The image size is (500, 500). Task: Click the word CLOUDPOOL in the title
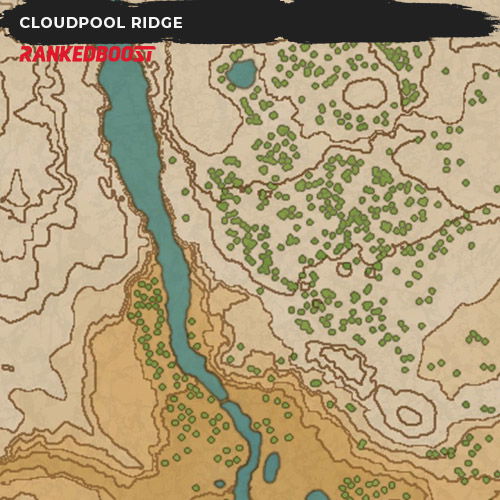point(74,23)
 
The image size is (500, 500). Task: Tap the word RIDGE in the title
point(156,23)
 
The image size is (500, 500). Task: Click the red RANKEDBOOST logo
point(87,54)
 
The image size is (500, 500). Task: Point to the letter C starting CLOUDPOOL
point(25,23)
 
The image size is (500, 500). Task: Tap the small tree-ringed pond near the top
point(241,73)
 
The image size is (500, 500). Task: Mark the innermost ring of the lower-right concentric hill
point(410,415)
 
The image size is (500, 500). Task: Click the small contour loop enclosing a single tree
point(344,268)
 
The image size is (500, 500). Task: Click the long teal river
point(150,200)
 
